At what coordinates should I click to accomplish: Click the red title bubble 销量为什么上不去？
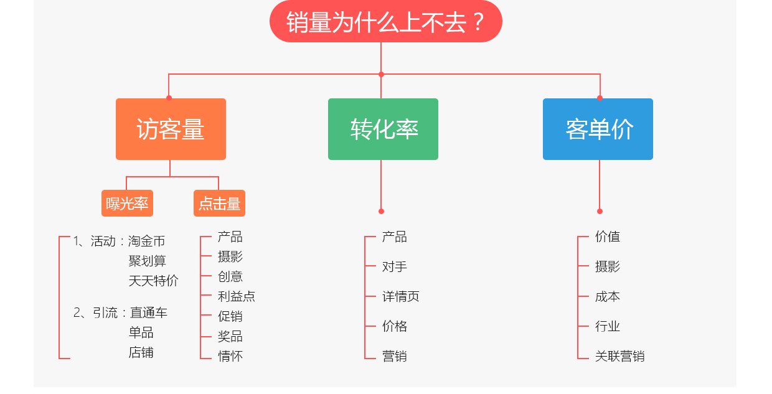coord(385,21)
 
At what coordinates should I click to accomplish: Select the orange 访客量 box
coord(171,129)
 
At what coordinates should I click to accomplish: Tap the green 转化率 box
coord(384,129)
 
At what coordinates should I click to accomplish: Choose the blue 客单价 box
coord(598,129)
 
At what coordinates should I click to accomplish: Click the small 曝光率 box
coord(127,204)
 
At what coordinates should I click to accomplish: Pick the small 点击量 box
coord(220,204)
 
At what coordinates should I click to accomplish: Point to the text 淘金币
coord(147,241)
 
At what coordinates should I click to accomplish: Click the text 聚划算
coord(147,261)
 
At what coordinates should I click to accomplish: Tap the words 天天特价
coord(153,281)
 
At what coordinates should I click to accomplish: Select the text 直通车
coord(149,312)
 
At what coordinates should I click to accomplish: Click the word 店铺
coord(141,353)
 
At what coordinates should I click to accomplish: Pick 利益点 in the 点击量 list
coord(237,296)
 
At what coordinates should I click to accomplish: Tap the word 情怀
coord(230,356)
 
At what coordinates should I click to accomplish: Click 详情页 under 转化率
coord(401,296)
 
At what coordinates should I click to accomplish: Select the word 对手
coord(395,266)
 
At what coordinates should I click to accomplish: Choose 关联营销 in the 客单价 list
coord(619,356)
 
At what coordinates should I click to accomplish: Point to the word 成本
coord(608,296)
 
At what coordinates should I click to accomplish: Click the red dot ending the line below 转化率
coord(381,211)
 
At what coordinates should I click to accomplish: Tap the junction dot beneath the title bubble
coord(381,74)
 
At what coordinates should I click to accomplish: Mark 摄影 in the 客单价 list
coord(608,266)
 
